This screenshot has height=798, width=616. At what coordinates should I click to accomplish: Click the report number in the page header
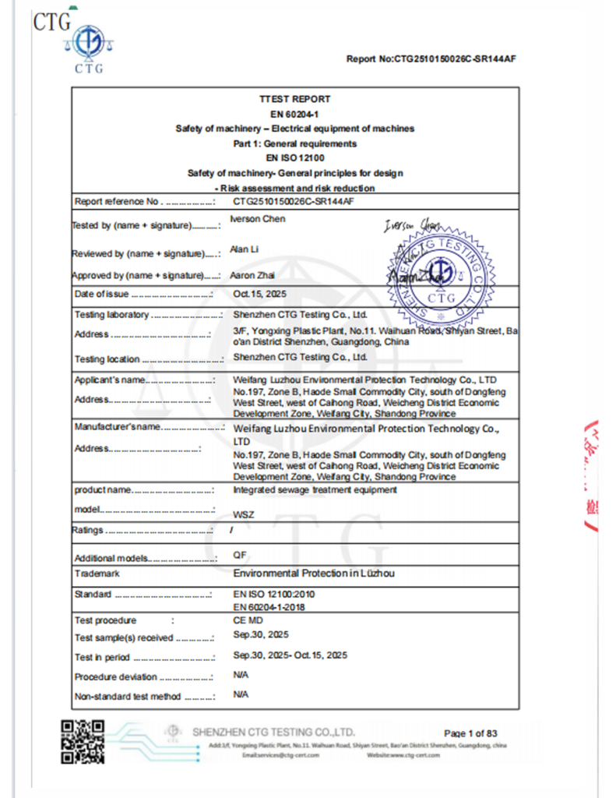(431, 59)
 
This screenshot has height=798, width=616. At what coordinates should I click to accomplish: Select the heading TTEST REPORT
(295, 99)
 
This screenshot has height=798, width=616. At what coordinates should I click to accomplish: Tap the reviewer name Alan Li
(241, 249)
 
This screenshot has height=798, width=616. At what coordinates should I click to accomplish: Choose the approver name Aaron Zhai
(252, 276)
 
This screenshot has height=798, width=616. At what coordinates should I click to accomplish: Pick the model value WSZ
(244, 515)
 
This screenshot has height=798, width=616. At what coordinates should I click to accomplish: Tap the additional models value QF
(240, 555)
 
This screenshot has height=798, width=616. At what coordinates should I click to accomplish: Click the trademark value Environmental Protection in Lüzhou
(314, 574)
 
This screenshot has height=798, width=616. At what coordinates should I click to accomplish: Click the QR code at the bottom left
(83, 742)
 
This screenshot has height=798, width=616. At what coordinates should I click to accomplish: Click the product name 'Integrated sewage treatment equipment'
(315, 490)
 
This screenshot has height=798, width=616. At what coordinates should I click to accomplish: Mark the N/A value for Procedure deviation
(241, 675)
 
